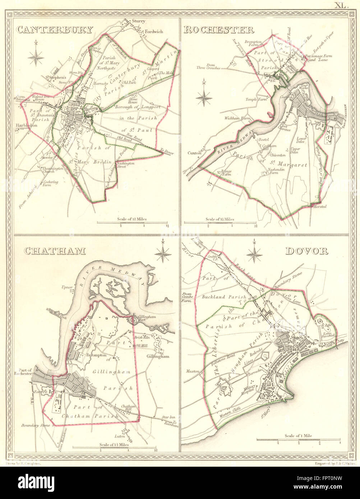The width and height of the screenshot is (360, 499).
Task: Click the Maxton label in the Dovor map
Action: (193, 372)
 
